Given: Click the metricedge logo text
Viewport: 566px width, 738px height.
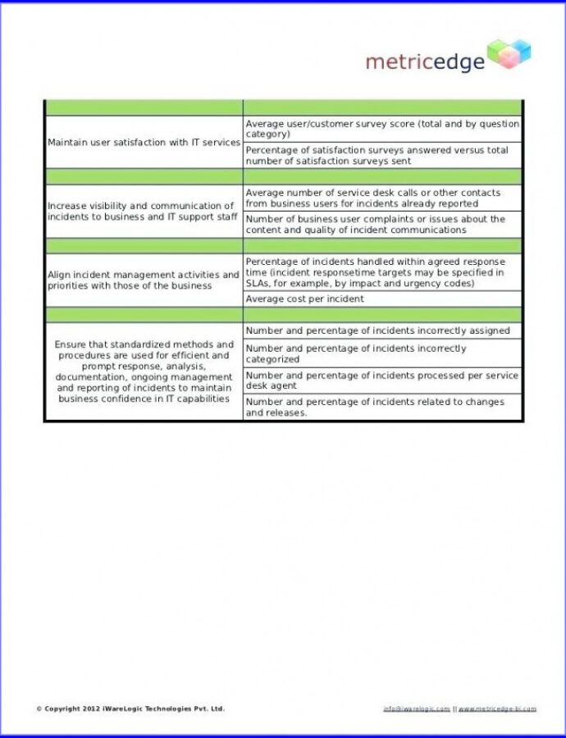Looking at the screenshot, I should pyautogui.click(x=425, y=61).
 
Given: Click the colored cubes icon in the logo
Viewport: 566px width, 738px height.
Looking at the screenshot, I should pyautogui.click(x=509, y=54).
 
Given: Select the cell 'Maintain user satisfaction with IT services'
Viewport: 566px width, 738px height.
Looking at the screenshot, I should pyautogui.click(x=144, y=143).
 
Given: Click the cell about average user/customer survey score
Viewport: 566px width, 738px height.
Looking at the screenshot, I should pyautogui.click(x=382, y=129).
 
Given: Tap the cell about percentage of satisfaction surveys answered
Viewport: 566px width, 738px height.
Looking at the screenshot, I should pyautogui.click(x=382, y=156).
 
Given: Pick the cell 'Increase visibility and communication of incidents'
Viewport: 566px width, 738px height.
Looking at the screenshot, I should pyautogui.click(x=144, y=212).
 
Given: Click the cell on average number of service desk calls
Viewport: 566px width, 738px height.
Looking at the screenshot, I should pyautogui.click(x=382, y=198).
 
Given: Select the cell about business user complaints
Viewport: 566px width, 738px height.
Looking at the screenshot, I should pyautogui.click(x=382, y=225).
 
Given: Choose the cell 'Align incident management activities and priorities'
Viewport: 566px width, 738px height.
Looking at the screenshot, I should pyautogui.click(x=144, y=280).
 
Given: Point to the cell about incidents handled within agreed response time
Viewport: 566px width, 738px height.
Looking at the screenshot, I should pyautogui.click(x=382, y=272).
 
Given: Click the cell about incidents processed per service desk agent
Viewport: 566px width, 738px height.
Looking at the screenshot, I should pyautogui.click(x=382, y=380).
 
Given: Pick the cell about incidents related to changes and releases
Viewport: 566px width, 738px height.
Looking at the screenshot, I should pyautogui.click(x=382, y=408).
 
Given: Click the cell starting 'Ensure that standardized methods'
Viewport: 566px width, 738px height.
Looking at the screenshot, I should pyautogui.click(x=144, y=371).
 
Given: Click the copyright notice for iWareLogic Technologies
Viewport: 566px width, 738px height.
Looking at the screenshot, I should pyautogui.click(x=130, y=708).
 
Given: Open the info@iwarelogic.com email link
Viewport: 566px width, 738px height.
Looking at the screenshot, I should pyautogui.click(x=417, y=708).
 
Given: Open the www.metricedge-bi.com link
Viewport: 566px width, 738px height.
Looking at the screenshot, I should pyautogui.click(x=497, y=708).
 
